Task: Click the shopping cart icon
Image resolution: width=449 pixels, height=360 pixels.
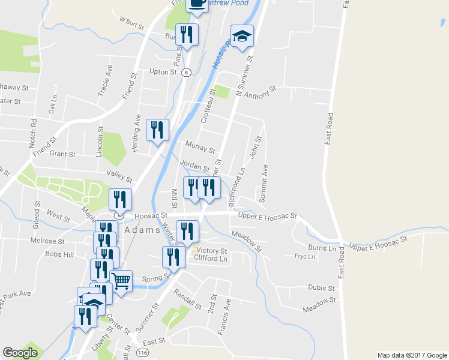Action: click(121, 280)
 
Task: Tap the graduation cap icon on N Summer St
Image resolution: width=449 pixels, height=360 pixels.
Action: click(243, 37)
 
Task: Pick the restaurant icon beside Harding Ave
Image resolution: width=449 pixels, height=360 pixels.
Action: click(158, 130)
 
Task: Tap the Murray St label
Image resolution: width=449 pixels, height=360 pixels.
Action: click(200, 147)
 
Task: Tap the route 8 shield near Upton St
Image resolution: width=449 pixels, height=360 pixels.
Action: click(187, 73)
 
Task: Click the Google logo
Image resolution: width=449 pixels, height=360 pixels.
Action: click(20, 353)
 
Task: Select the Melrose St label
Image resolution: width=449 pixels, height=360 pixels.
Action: click(47, 241)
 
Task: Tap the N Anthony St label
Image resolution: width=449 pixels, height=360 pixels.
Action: click(256, 91)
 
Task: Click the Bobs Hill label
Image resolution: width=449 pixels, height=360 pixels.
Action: click(59, 254)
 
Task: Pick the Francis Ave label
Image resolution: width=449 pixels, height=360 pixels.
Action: click(227, 311)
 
